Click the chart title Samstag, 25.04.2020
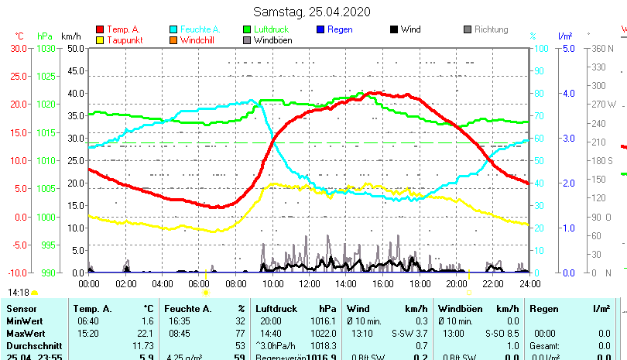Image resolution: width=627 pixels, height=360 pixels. [x=312, y=12]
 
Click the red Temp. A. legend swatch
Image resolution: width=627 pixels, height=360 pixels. [x=100, y=29]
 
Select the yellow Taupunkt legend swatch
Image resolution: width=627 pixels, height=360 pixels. [x=100, y=39]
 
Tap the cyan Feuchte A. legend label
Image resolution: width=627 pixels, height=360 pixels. [x=196, y=29]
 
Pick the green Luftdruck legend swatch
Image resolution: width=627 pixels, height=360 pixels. [x=248, y=29]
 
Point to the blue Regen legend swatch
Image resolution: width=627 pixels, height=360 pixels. [x=321, y=29]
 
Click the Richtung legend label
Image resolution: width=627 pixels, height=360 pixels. [x=492, y=29]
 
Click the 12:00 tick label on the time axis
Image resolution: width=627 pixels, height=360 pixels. [x=309, y=283]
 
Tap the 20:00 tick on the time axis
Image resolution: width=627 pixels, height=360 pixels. [x=456, y=283]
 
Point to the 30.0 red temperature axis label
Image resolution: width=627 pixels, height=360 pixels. [x=19, y=48]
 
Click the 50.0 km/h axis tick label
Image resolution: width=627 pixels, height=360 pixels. [x=75, y=48]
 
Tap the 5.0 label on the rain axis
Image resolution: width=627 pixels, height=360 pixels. [x=567, y=48]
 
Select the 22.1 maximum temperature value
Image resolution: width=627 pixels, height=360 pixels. [x=146, y=333]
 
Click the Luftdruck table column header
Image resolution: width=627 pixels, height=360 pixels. [x=276, y=309]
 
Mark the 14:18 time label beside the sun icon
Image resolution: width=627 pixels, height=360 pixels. [x=19, y=293]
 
